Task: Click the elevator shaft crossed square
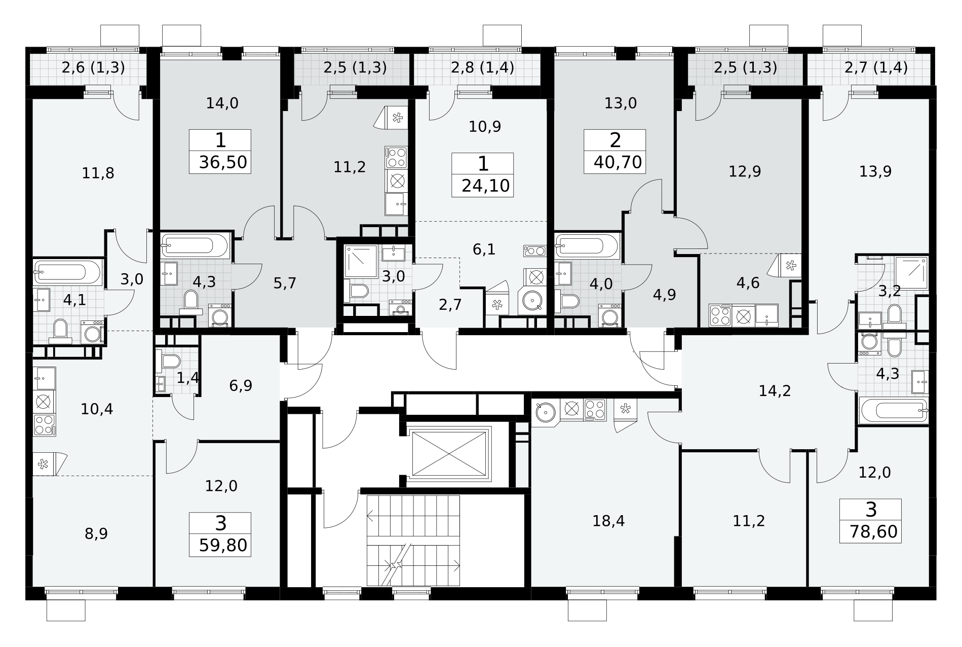click(449, 453)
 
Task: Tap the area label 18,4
click(608, 521)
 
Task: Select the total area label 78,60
click(870, 532)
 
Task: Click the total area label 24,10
click(485, 186)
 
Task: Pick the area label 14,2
click(775, 391)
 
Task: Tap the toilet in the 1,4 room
click(170, 361)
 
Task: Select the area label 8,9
click(96, 534)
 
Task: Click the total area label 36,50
click(223, 162)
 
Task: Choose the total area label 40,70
click(618, 162)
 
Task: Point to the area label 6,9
click(241, 386)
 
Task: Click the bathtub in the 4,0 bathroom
click(587, 246)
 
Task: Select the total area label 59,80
click(223, 546)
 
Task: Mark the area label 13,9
click(875, 172)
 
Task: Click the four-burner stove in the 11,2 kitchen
click(396, 157)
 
